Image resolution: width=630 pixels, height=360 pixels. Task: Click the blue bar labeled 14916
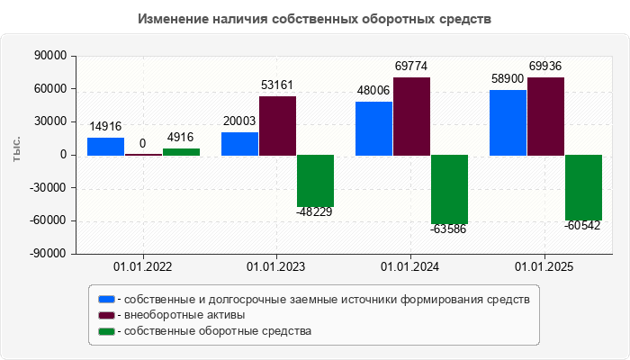[106, 146]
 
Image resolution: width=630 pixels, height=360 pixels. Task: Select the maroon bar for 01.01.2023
[278, 125]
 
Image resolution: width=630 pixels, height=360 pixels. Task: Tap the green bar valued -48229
[315, 181]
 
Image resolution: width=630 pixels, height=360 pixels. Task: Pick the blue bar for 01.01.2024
[373, 128]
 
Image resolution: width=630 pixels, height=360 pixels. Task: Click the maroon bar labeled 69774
[411, 116]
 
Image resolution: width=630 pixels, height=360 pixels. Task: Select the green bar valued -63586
[449, 189]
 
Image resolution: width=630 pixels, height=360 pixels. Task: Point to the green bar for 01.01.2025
[583, 187]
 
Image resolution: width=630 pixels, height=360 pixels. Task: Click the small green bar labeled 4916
[181, 151]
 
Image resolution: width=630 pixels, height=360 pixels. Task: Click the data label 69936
[546, 67]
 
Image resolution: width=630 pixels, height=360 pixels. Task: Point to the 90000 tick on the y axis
[51, 56]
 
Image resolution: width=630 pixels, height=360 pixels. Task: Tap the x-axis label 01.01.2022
[143, 267]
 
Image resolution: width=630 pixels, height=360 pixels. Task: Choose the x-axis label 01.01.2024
[410, 267]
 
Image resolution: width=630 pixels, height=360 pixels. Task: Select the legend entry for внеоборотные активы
[184, 315]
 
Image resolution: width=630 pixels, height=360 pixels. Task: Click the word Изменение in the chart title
[171, 19]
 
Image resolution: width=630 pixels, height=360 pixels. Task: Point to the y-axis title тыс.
[16, 151]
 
